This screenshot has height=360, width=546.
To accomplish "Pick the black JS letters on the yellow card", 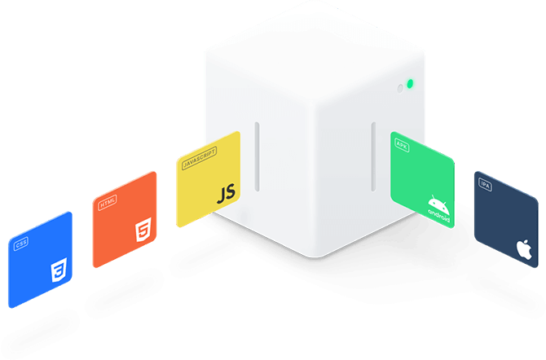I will click(226, 193).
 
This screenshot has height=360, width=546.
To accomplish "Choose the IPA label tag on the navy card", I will click(486, 186).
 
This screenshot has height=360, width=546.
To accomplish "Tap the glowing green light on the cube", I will click(411, 83).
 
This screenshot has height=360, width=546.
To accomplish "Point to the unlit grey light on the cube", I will click(398, 87).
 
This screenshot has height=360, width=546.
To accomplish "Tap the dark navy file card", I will click(505, 218).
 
